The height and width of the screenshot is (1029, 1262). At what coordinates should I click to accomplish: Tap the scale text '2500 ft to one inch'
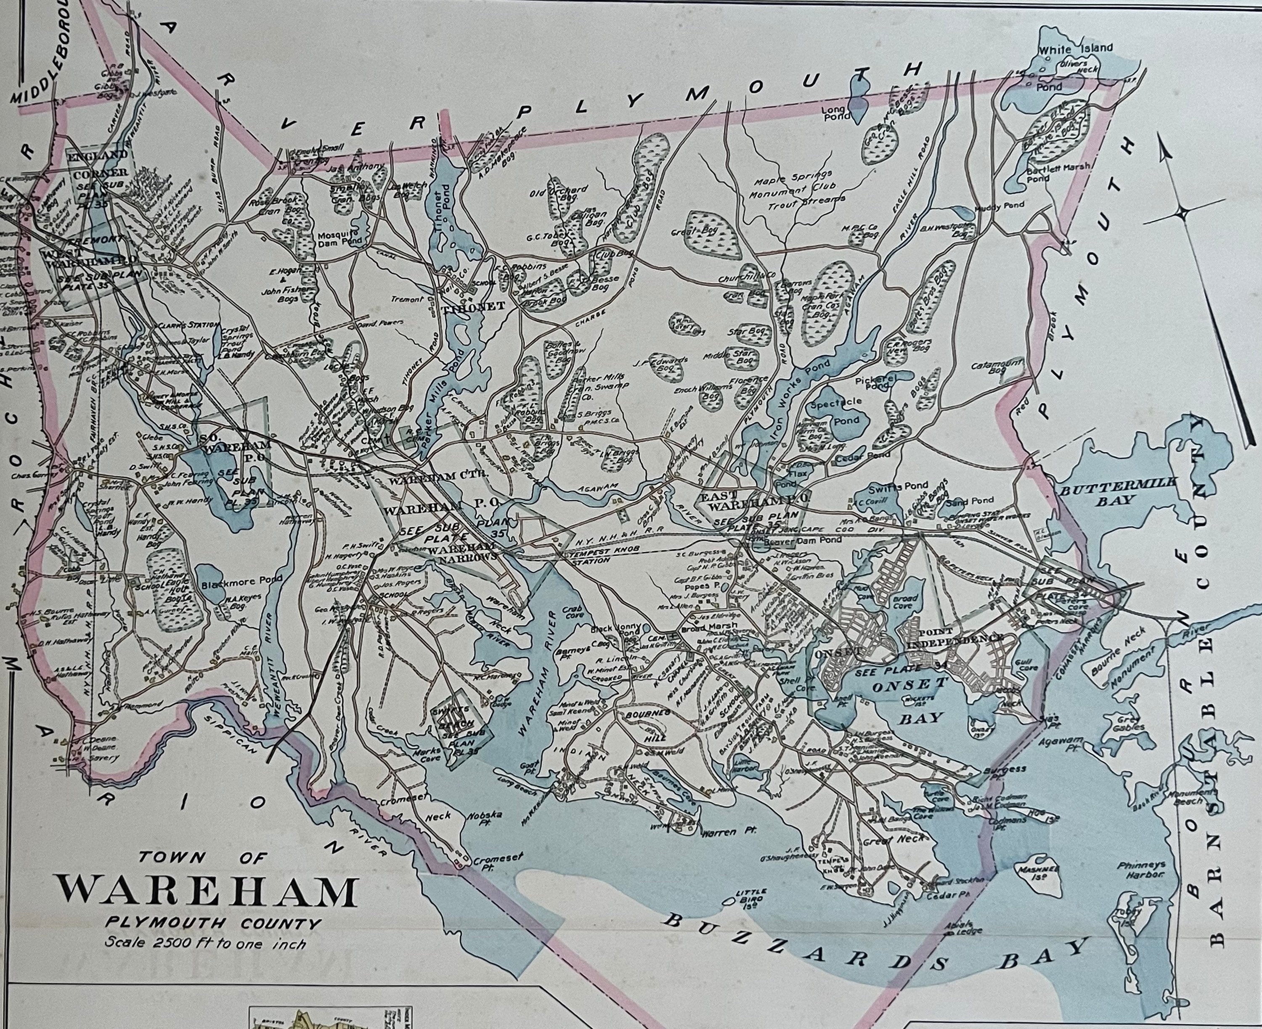click(206, 942)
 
